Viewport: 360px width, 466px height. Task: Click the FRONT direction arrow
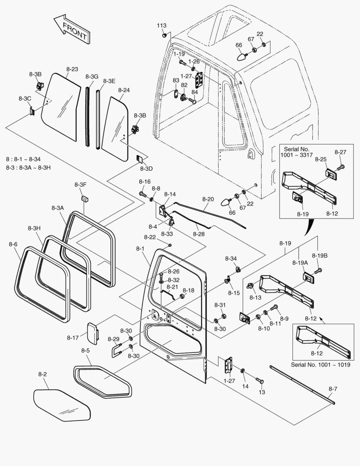point(72,29)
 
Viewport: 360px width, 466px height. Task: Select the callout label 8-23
point(72,69)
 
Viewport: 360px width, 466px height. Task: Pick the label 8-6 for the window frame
point(13,244)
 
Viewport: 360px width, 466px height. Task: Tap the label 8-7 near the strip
point(333,389)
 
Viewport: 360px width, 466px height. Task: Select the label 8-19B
point(319,255)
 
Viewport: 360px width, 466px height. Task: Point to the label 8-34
point(231,258)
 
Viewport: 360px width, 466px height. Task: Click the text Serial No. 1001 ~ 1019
point(320,365)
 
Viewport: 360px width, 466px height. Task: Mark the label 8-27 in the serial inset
point(340,152)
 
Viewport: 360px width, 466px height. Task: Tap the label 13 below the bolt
point(262,392)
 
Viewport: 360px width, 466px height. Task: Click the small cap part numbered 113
point(164,35)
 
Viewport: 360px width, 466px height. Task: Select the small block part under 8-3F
point(84,198)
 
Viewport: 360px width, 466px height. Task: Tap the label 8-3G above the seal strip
point(91,76)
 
